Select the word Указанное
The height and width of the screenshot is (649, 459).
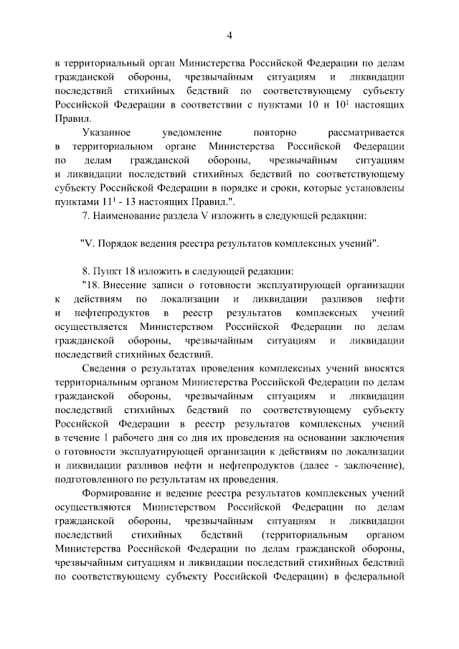click(x=107, y=133)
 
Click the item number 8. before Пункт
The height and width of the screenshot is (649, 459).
click(x=88, y=270)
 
